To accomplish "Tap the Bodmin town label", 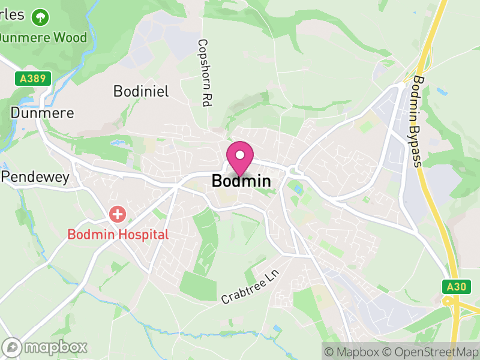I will coord(241,181).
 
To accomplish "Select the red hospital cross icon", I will coord(118,214).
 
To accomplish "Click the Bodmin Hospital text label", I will coord(118,234).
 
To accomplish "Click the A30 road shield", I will coord(456,287).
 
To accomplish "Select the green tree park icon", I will coord(41,16).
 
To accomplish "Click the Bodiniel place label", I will coord(141,91).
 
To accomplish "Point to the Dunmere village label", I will coord(43,112).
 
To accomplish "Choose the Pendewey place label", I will coord(35,177).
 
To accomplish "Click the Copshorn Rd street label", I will coord(204,73).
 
